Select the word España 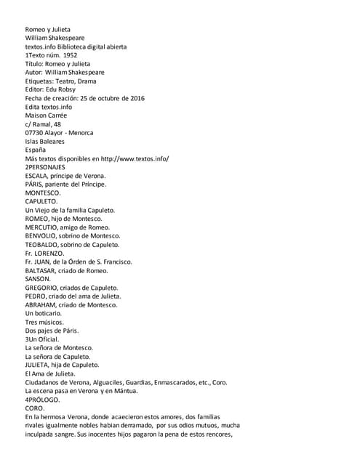pos(35,150)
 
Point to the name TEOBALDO pos(42,245)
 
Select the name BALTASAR pos(41,270)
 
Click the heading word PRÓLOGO pos(45,400)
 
